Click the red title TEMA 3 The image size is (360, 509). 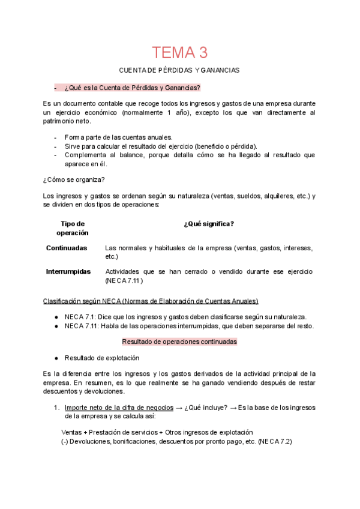click(x=179, y=52)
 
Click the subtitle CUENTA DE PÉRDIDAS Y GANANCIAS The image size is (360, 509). click(x=179, y=70)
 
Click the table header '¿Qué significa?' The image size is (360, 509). click(x=209, y=224)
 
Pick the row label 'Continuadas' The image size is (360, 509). click(x=67, y=248)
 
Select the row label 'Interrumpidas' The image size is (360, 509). click(x=68, y=271)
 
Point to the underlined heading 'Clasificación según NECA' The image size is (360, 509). click(x=151, y=301)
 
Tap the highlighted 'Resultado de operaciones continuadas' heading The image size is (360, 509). click(x=179, y=342)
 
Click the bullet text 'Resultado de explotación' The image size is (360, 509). click(x=102, y=358)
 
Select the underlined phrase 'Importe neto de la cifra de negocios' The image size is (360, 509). click(x=119, y=408)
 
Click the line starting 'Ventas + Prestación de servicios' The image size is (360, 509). click(x=157, y=432)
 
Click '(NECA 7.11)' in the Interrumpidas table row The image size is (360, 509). click(x=124, y=280)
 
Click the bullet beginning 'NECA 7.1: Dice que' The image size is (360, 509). click(x=185, y=317)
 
